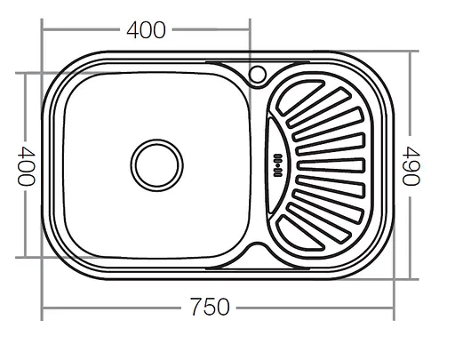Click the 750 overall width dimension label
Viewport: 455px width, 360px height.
(x=210, y=307)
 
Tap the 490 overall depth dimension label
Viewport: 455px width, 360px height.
(x=411, y=166)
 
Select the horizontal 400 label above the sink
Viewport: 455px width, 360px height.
(x=146, y=30)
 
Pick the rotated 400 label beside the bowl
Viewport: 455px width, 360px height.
(x=26, y=166)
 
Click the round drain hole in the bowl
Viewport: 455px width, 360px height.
(x=156, y=165)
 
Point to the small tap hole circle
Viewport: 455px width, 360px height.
(x=257, y=74)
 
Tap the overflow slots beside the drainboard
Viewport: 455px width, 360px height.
(x=278, y=165)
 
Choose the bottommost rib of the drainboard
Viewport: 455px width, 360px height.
(x=299, y=233)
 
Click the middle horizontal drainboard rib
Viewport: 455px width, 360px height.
(x=331, y=165)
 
